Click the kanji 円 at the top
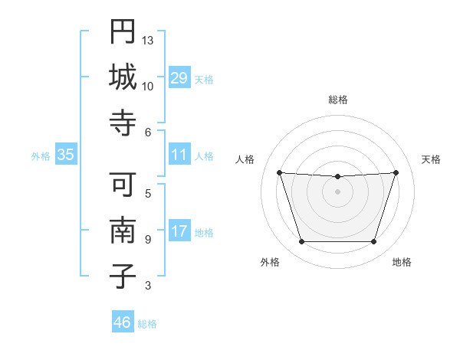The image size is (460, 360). tap(123, 31)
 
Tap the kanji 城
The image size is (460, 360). tap(123, 77)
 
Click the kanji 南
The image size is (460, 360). tap(123, 231)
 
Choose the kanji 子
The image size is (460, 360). tap(123, 277)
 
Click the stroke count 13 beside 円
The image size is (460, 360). tap(148, 40)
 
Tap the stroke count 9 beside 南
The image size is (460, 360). tap(148, 239)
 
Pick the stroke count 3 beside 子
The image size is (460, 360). tap(148, 286)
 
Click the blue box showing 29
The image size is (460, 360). tap(179, 78)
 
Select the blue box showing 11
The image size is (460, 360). tap(179, 155)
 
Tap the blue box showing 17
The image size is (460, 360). tap(179, 231)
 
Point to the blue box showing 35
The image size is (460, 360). tap(66, 155)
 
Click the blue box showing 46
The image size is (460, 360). tap(123, 322)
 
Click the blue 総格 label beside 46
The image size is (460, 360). tap(147, 324)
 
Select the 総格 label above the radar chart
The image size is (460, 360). tap(338, 100)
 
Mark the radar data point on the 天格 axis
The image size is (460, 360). tap(396, 173)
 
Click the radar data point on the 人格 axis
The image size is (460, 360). tap(280, 173)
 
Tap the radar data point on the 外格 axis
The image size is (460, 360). tap(301, 242)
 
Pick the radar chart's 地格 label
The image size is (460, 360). tap(402, 262)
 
